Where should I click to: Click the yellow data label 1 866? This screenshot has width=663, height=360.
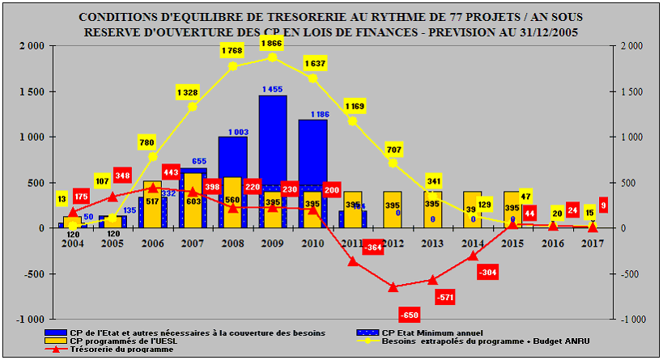(272, 42)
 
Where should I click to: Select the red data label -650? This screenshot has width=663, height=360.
(410, 314)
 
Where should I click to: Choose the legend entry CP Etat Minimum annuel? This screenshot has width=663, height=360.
(421, 332)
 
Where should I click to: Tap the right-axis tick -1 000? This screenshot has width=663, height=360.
(633, 320)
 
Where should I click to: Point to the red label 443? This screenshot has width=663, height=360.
(171, 172)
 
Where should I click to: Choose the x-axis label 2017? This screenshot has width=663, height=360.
(593, 243)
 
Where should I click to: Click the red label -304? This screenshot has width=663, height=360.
(487, 273)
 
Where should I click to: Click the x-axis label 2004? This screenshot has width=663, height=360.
(73, 243)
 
